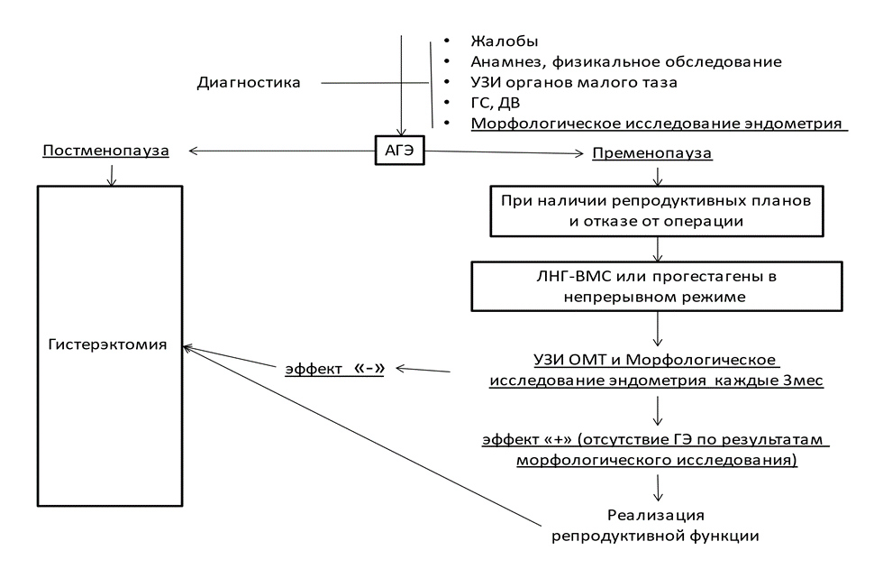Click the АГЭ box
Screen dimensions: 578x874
pos(398,151)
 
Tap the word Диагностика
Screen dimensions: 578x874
pos(248,83)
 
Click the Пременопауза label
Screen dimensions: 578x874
pos(651,153)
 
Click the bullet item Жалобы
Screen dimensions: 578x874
pos(505,42)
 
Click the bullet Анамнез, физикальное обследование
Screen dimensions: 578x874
pos(625,62)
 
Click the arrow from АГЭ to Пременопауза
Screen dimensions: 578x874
pos(505,152)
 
